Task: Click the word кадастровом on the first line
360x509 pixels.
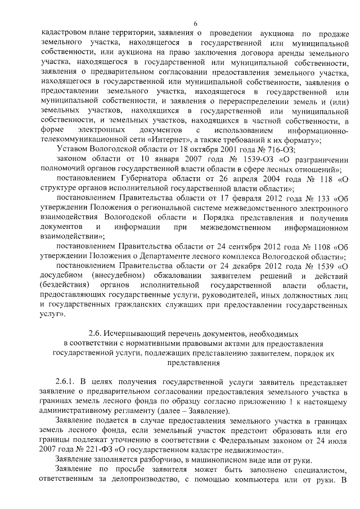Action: pyautogui.click(x=65, y=33)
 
